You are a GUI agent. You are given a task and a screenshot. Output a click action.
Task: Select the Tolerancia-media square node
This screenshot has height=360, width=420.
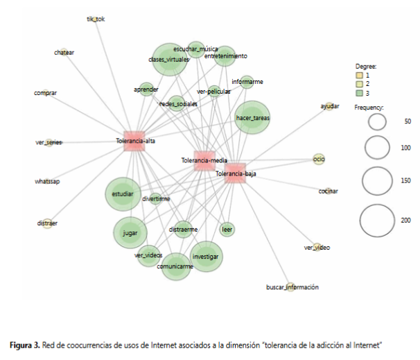tap(204, 160)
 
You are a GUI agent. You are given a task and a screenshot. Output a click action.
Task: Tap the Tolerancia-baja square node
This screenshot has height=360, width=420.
tap(236, 173)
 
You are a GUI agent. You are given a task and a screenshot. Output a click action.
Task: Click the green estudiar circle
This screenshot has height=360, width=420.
tap(123, 194)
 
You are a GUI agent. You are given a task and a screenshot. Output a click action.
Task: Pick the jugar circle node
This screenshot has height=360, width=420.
tap(130, 234)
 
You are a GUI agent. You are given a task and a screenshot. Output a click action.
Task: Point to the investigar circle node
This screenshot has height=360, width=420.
tap(206, 257)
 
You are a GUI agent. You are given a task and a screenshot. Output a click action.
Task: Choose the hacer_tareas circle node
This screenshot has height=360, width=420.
tap(252, 118)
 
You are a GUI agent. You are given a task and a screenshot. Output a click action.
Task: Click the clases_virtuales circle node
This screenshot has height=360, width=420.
tap(169, 60)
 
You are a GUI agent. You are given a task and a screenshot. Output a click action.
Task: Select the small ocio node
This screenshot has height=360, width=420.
tap(319, 160)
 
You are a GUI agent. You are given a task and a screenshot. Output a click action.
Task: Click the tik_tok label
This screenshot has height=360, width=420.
tap(96, 19)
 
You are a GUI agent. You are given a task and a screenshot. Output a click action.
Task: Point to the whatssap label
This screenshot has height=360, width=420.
tap(47, 181)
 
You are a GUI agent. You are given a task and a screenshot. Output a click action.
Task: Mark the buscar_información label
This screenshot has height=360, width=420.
tap(292, 287)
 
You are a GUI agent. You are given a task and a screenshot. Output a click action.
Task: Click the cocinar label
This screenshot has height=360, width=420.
tap(329, 191)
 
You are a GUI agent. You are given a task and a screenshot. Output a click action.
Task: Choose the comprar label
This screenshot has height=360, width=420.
tap(45, 92)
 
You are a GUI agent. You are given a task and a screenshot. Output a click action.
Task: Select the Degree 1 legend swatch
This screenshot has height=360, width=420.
tap(359, 74)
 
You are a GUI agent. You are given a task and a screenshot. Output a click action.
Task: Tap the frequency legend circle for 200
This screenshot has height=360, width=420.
tap(377, 221)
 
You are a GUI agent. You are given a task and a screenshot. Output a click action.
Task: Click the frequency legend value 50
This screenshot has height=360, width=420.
tap(408, 121)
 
